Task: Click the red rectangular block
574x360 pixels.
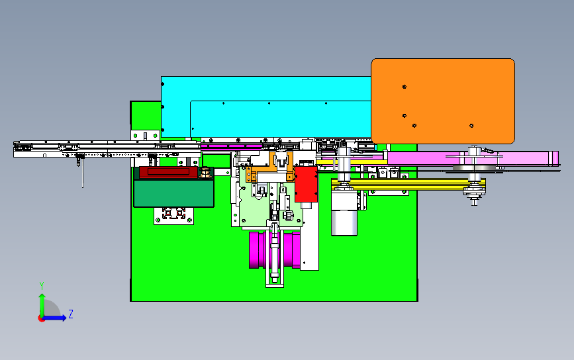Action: [x=306, y=184]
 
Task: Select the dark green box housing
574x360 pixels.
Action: [x=173, y=193]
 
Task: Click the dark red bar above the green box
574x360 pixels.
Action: [x=168, y=172]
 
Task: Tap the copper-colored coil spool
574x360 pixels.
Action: [x=206, y=173]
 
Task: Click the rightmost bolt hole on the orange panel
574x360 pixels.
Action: [x=471, y=126]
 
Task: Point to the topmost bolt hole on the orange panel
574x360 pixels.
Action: [x=404, y=87]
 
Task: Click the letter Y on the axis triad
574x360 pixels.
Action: [x=42, y=286]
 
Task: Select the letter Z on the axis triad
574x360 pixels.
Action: [x=71, y=314]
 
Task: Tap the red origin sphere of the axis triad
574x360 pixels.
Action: [x=41, y=318]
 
